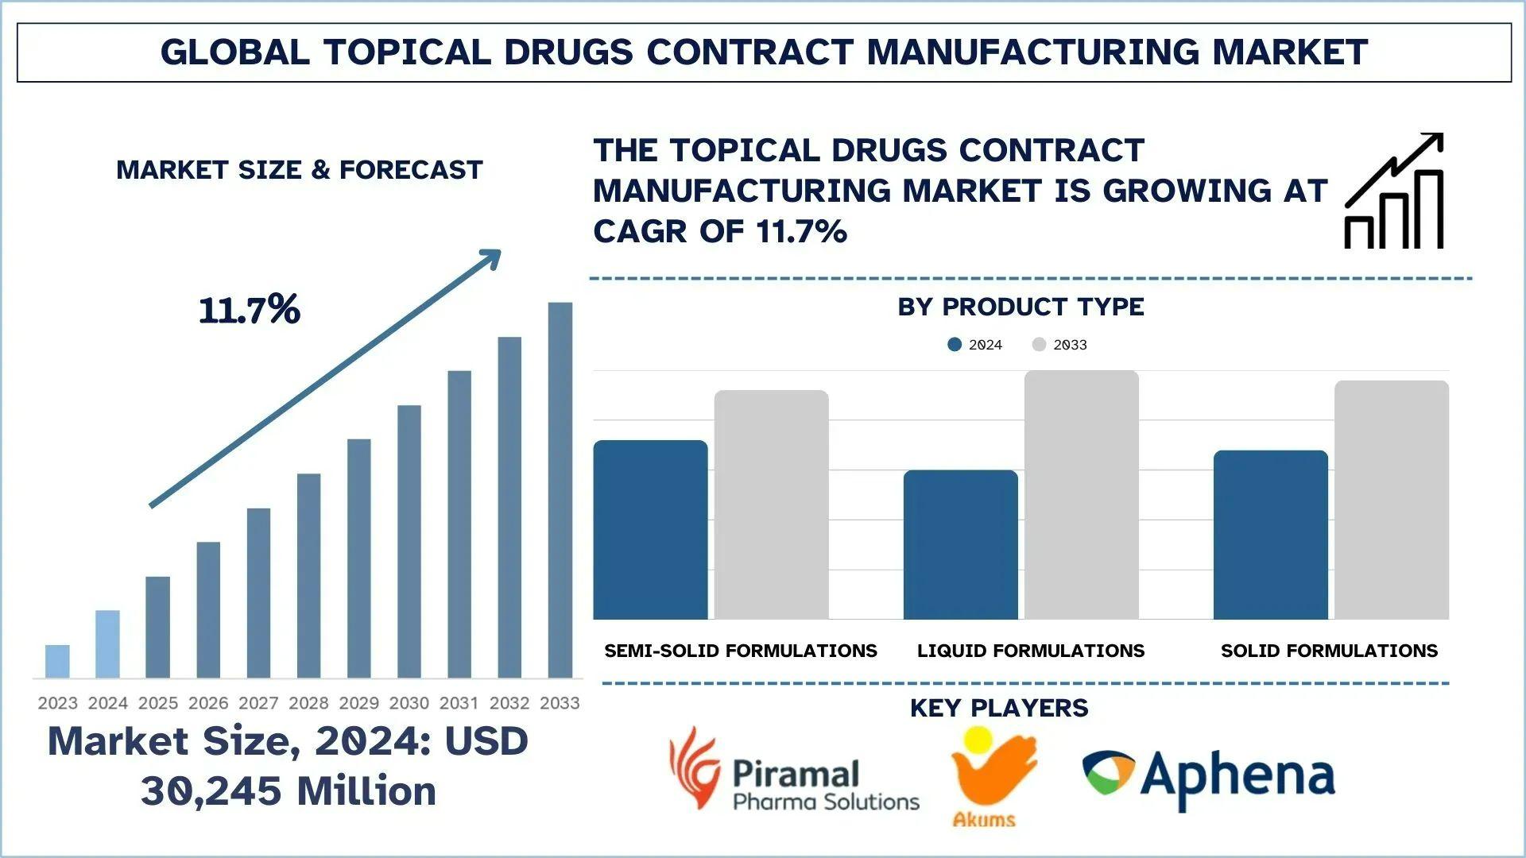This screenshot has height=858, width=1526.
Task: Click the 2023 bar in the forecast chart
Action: pyautogui.click(x=57, y=661)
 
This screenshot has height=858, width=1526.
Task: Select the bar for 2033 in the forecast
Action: pyautogui.click(x=560, y=490)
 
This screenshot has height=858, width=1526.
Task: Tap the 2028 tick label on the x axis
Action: pyautogui.click(x=308, y=703)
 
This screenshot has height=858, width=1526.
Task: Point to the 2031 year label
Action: pyautogui.click(x=459, y=703)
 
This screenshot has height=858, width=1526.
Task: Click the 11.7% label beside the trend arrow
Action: pyautogui.click(x=250, y=310)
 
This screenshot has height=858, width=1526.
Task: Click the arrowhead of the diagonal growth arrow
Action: pyautogui.click(x=491, y=257)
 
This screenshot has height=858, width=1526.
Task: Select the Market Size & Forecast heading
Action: pyautogui.click(x=300, y=170)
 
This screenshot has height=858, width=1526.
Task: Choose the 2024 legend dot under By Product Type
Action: pyautogui.click(x=955, y=345)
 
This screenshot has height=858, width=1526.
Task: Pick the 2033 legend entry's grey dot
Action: pyautogui.click(x=1039, y=345)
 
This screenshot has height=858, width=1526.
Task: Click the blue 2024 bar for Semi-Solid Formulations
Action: pyautogui.click(x=650, y=530)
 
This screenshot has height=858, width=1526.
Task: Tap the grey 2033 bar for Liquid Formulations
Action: pyautogui.click(x=1081, y=495)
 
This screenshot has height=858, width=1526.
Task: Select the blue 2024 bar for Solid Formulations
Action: pyautogui.click(x=1270, y=535)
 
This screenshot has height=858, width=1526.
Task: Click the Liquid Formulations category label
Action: pyautogui.click(x=1031, y=651)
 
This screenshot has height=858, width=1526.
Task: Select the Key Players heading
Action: pyautogui.click(x=999, y=708)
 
